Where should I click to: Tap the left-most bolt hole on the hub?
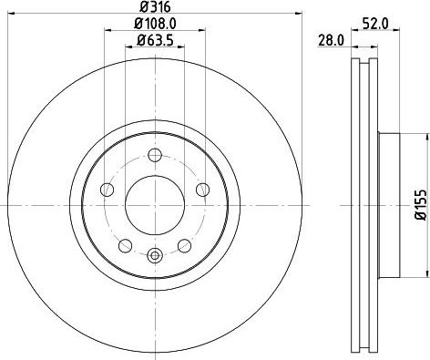point(107,189)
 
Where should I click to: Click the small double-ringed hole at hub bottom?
point(154,254)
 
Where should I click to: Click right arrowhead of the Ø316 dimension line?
point(297,15)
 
